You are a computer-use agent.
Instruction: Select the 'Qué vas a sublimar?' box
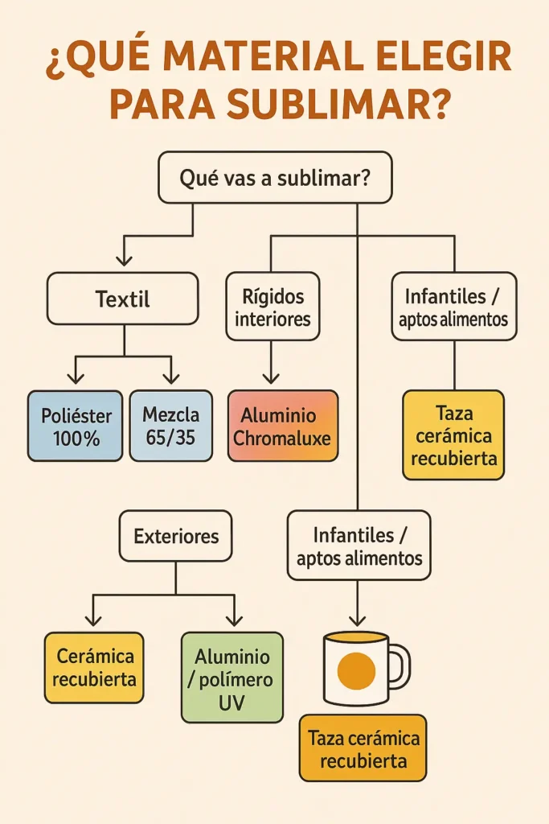pos(275,178)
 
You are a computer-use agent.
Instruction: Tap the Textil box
pos(122,300)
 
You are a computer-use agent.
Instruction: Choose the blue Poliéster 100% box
pos(76,426)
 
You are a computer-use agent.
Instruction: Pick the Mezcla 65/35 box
pos(170,426)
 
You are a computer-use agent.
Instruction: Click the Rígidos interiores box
pos(272,308)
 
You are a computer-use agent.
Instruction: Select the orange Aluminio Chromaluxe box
pos(282,426)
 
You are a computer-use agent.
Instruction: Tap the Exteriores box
pos(175,535)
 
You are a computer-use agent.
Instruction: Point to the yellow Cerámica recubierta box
pos(95,667)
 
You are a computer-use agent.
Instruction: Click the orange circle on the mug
pos(356,670)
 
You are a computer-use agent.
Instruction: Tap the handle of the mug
pos(399,665)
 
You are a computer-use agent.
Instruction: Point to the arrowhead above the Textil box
pos(123,259)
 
